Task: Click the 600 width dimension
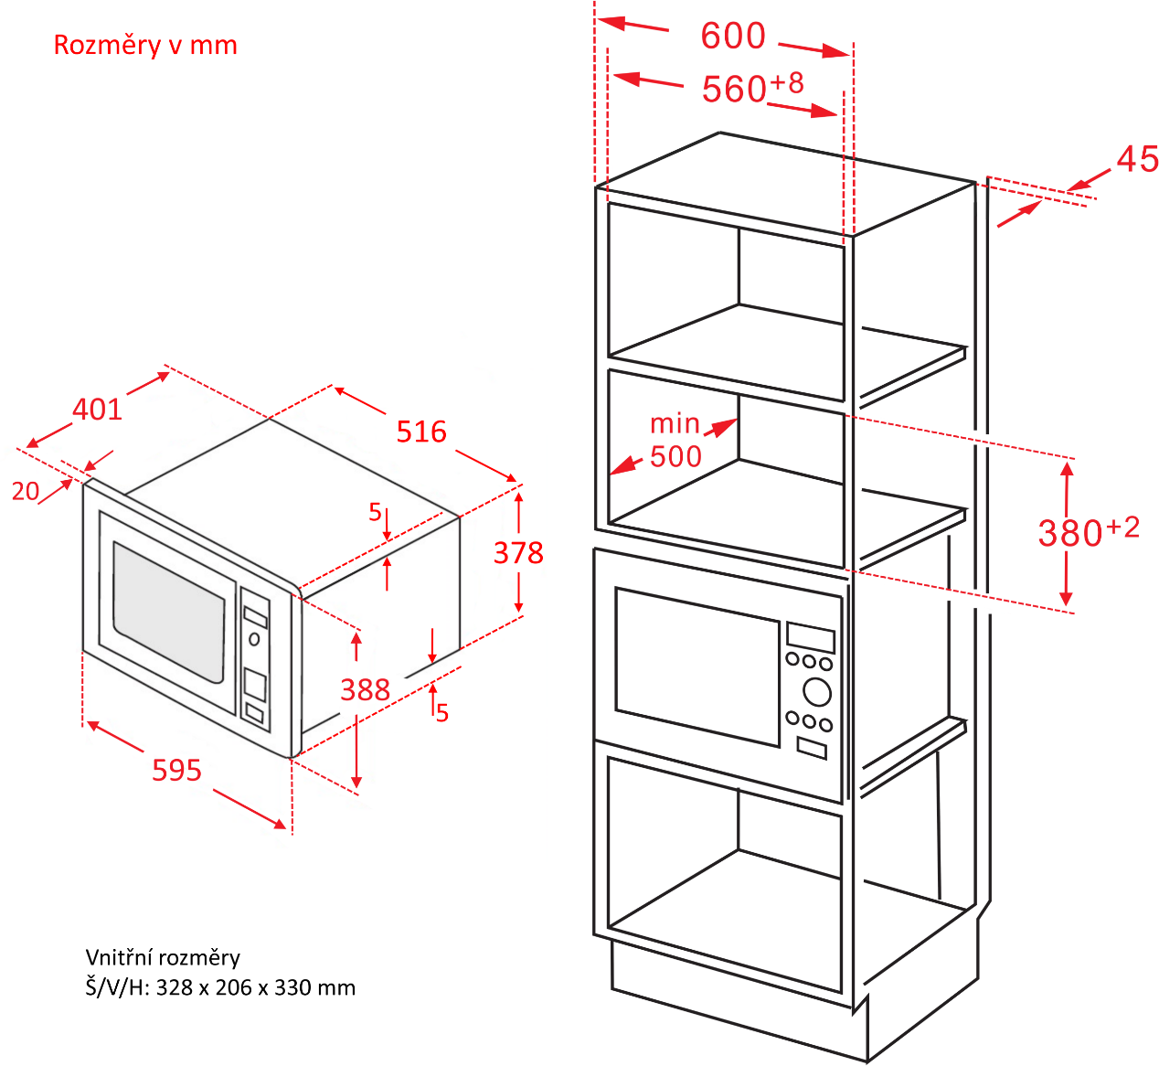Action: (733, 36)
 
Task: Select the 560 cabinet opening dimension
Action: (734, 89)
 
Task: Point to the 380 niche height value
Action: (1070, 533)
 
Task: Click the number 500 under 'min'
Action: (675, 457)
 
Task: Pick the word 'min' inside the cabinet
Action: (675, 423)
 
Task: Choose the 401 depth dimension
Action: (97, 410)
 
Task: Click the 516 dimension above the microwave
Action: (421, 432)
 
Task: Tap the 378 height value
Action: (518, 553)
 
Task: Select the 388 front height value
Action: (365, 690)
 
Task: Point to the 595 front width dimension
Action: (176, 771)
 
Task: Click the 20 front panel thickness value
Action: (26, 491)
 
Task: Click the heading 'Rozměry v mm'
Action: (145, 46)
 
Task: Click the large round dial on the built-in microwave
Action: (817, 693)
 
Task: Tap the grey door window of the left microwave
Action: (169, 612)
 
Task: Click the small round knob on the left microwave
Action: (254, 639)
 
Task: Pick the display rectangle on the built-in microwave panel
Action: (811, 637)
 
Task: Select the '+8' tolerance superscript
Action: (787, 83)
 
